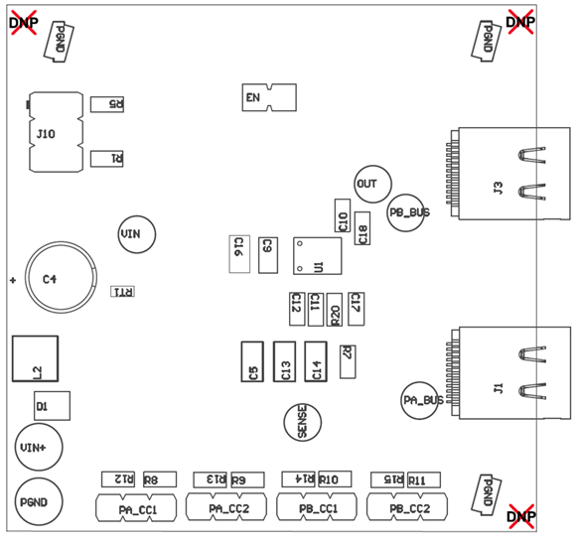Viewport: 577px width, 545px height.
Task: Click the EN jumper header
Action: pyautogui.click(x=269, y=97)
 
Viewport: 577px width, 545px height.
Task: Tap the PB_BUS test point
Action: pyautogui.click(x=407, y=212)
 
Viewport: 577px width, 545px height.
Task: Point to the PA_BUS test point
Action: pyautogui.click(x=421, y=400)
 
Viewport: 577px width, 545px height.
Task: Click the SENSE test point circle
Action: pyautogui.click(x=303, y=422)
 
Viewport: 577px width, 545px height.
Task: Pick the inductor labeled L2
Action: pyautogui.click(x=35, y=357)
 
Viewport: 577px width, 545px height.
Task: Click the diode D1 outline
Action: pyautogui.click(x=51, y=406)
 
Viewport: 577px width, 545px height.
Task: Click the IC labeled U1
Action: pyautogui.click(x=317, y=256)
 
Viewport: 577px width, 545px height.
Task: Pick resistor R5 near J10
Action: pyautogui.click(x=107, y=104)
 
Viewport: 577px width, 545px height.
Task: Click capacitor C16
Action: pyautogui.click(x=237, y=253)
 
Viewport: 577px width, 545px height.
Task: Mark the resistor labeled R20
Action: pyautogui.click(x=336, y=310)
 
